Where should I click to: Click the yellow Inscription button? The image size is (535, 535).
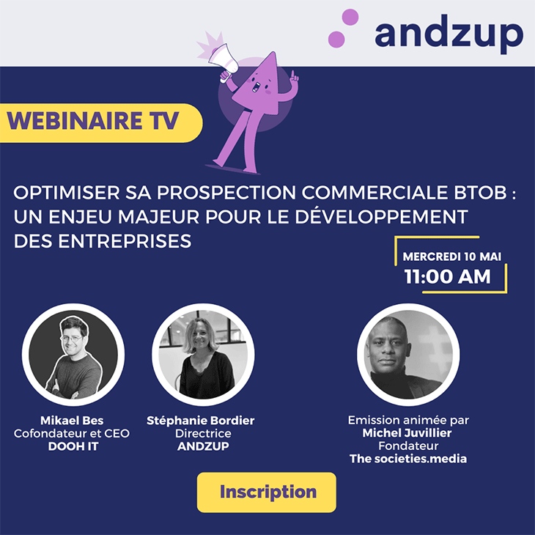pos(267,492)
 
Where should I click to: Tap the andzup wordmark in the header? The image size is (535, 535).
pos(449,34)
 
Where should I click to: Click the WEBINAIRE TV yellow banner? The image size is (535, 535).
pos(101,123)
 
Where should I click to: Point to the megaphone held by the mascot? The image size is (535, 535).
pos(224,59)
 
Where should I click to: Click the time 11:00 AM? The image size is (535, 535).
pos(447,276)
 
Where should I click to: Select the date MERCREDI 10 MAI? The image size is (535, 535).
pos(451,257)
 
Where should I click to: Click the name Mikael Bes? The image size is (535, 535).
pos(72,420)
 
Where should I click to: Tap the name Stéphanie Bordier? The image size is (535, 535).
pos(201,421)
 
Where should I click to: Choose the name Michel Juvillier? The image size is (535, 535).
pos(407,432)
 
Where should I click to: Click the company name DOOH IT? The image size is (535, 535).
pos(73,446)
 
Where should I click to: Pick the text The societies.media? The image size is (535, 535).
pos(408,459)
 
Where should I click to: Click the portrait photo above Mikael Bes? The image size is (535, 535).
pos(73,355)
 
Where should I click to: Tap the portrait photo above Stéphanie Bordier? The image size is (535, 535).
pos(203,355)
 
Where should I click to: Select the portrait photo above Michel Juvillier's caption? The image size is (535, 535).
pos(408,355)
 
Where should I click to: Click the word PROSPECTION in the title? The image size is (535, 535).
pos(226,193)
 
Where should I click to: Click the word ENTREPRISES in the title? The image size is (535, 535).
pos(125,241)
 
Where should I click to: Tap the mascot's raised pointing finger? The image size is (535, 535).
pos(292,75)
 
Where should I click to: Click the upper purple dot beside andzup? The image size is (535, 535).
pos(350,17)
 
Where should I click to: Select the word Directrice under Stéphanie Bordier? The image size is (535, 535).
pos(203,433)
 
